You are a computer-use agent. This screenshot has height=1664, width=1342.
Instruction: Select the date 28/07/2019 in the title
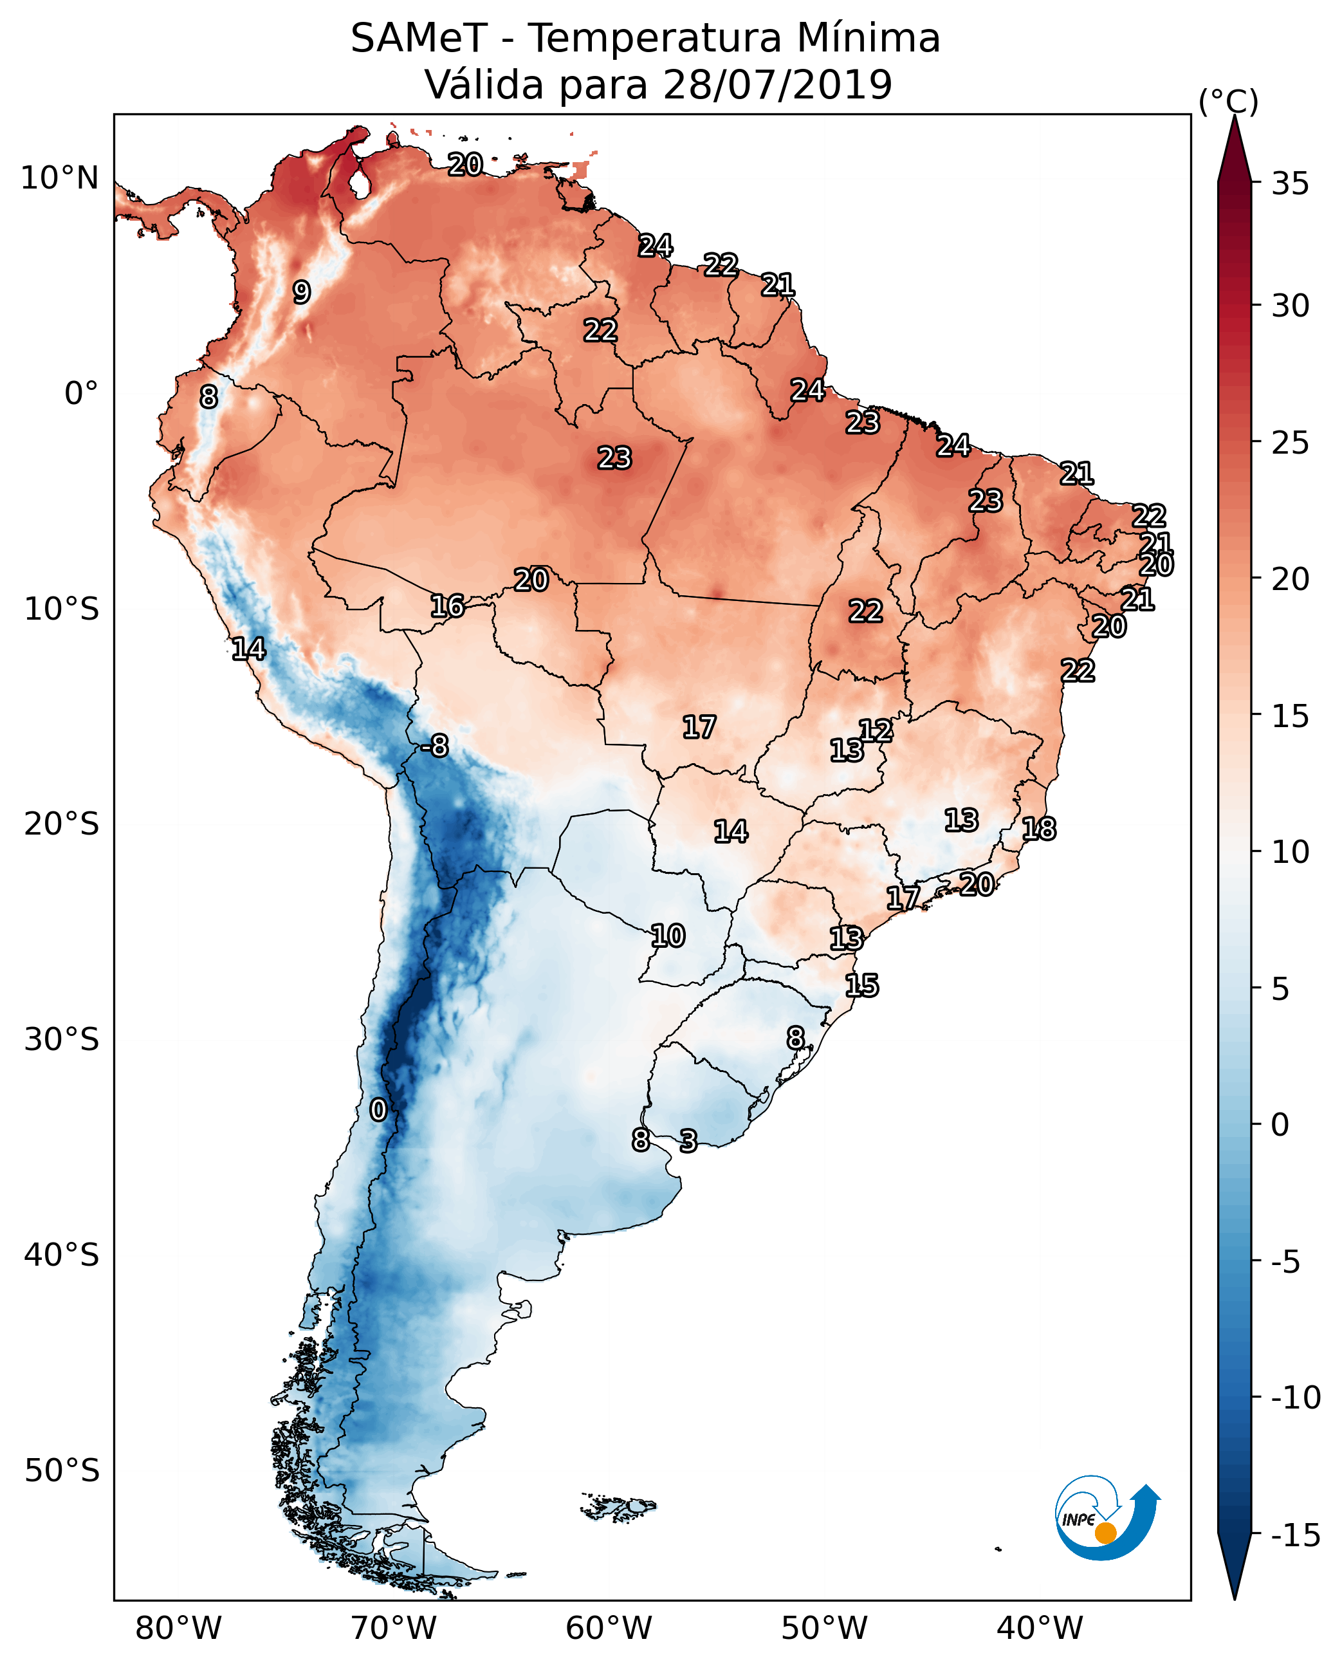[777, 84]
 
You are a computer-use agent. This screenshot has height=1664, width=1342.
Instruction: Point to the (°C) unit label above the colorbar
[1228, 101]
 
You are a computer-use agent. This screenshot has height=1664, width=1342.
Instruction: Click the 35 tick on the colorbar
[1290, 184]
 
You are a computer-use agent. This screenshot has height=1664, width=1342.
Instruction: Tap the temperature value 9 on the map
[302, 291]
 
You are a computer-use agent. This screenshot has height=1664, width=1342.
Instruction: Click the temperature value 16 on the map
[448, 606]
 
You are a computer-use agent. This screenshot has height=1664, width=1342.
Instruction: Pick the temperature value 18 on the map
[1039, 829]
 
